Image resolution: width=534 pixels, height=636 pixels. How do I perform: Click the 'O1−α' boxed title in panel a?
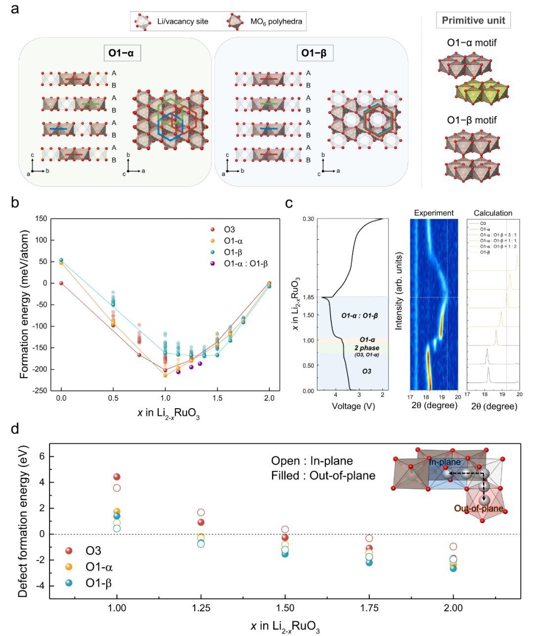[x=122, y=52]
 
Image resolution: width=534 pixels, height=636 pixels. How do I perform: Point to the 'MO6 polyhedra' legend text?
[x=277, y=21]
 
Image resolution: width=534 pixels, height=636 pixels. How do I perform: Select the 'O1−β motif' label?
[x=472, y=120]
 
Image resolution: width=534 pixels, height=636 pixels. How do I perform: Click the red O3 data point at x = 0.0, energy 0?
[x=61, y=283]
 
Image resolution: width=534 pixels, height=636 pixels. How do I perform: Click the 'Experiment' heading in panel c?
[x=433, y=212]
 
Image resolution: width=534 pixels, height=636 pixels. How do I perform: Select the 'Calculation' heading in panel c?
[x=492, y=212]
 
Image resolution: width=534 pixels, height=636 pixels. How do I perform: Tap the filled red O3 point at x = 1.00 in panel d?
[x=117, y=477]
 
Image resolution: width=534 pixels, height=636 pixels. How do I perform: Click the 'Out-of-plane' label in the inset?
[x=479, y=508]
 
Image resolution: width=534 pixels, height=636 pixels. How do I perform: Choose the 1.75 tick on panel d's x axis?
[x=369, y=608]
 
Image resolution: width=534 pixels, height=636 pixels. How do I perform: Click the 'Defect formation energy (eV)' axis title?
[x=23, y=521]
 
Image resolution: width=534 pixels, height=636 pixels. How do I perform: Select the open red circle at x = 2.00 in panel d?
[x=453, y=547]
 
